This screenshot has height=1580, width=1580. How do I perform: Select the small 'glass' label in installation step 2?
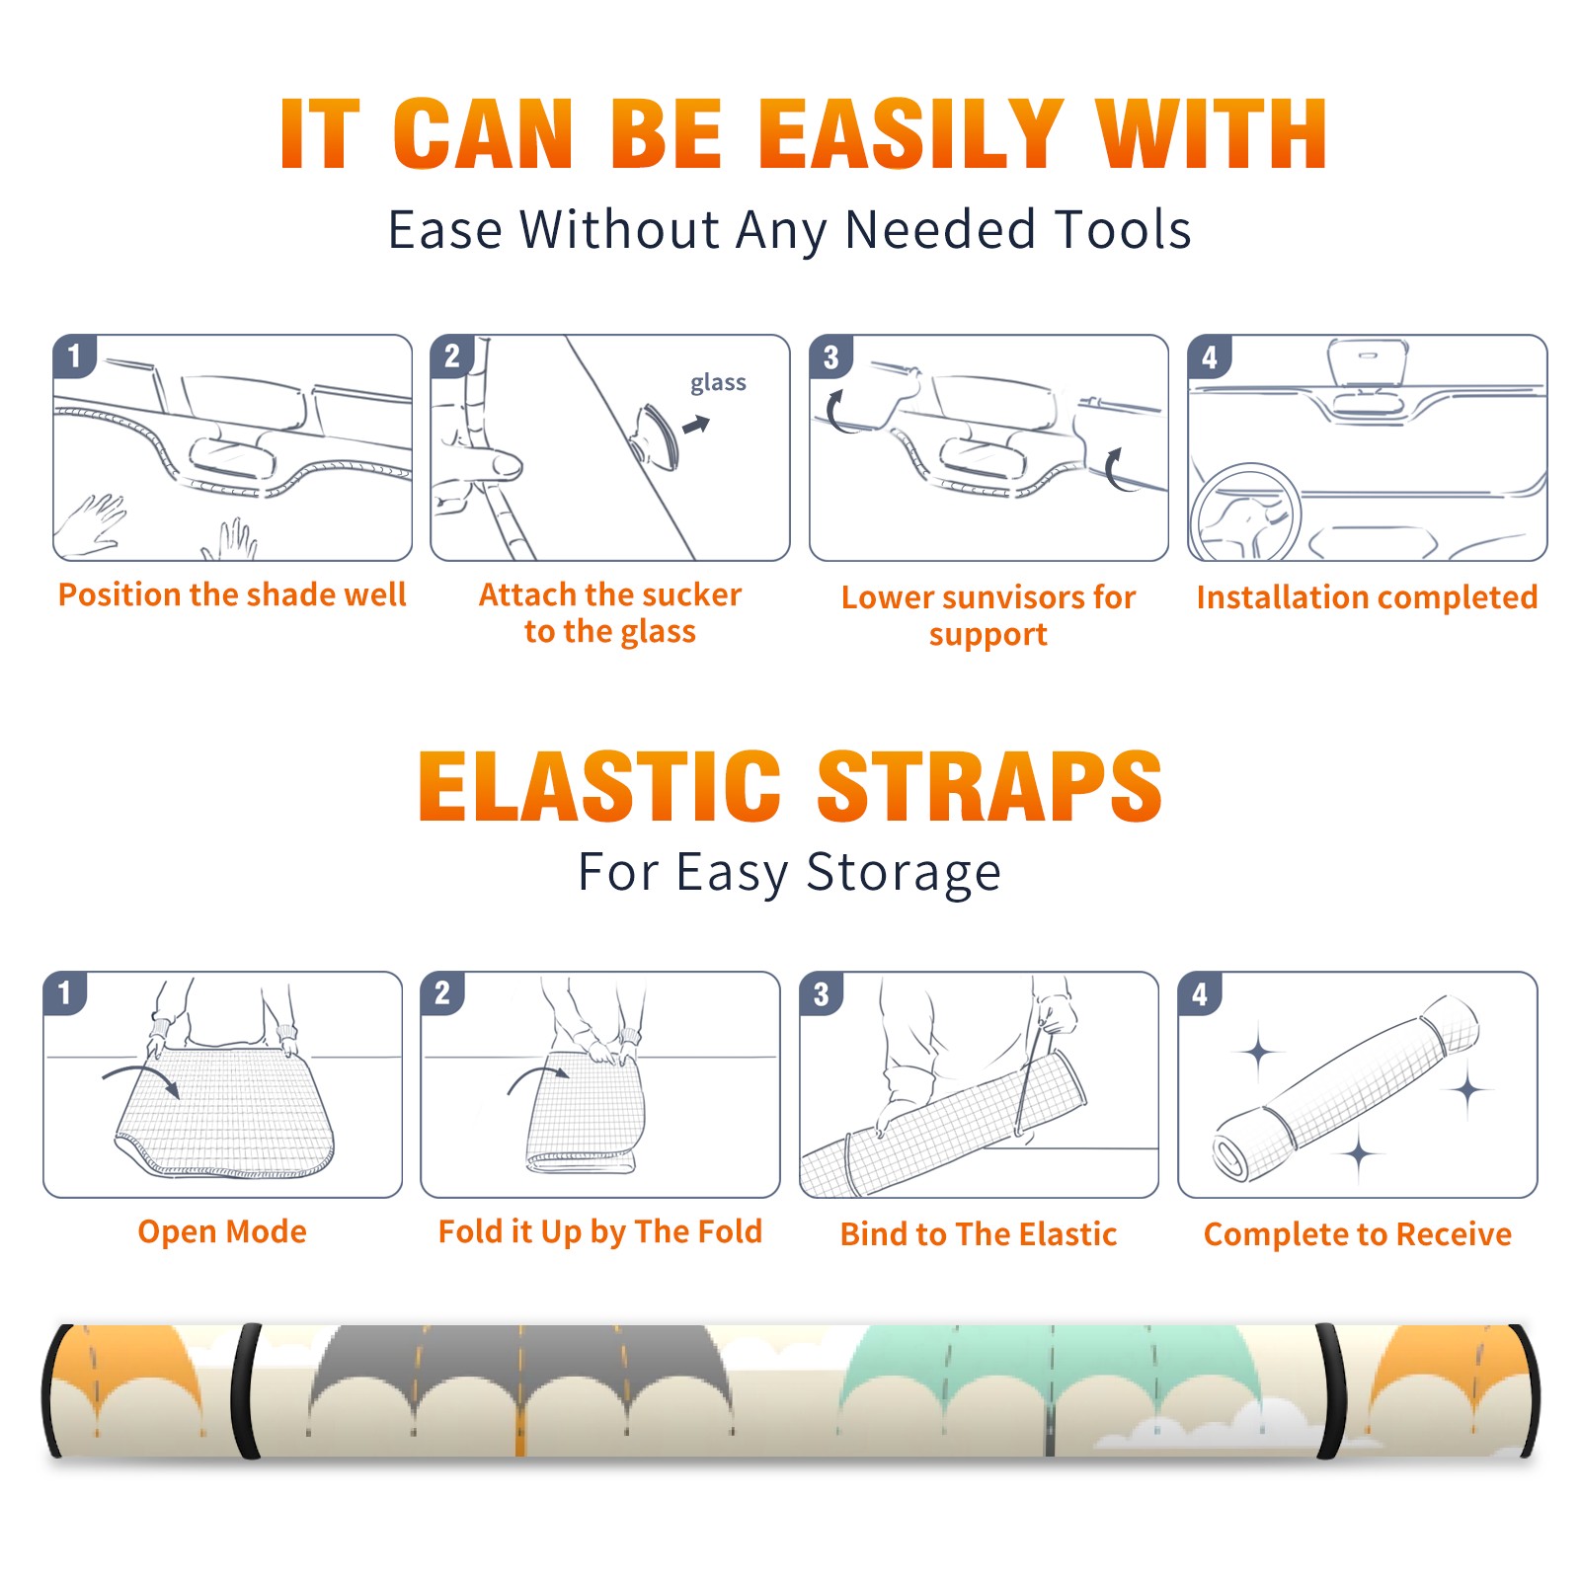click(x=718, y=383)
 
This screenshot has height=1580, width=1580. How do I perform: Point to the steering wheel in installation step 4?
click(x=1244, y=513)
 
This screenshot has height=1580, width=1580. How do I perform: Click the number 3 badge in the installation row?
click(x=830, y=356)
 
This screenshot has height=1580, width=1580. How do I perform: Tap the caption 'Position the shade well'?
click(x=232, y=594)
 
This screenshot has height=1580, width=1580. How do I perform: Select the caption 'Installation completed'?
click(x=1367, y=597)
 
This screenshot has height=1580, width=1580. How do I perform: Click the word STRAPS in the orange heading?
click(x=989, y=786)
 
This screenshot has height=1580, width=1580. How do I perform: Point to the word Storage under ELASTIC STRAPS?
click(x=904, y=873)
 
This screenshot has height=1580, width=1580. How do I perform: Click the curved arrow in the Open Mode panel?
click(x=140, y=1077)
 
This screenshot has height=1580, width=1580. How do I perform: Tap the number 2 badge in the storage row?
click(x=442, y=992)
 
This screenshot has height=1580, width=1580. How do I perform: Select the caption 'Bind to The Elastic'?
click(x=978, y=1234)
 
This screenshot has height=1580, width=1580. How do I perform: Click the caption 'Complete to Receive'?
click(x=1358, y=1234)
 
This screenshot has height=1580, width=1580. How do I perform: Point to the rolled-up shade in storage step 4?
click(x=1346, y=1088)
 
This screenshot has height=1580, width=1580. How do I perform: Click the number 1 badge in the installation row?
click(x=74, y=355)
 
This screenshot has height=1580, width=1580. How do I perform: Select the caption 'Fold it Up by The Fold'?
click(x=600, y=1232)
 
